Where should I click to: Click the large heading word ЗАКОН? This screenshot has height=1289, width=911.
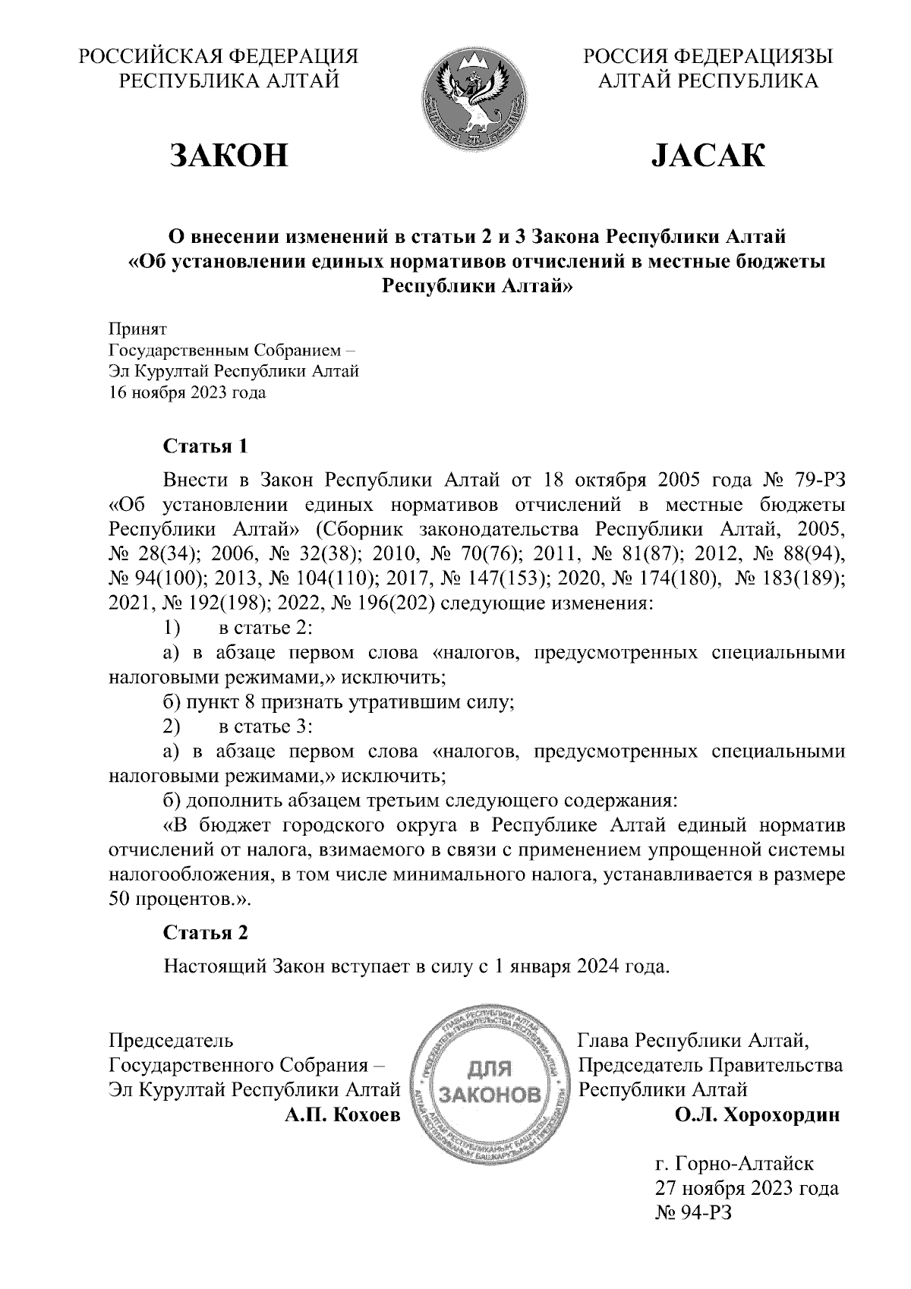pyautogui.click(x=229, y=155)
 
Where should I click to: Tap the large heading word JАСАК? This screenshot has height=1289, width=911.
pyautogui.click(x=708, y=155)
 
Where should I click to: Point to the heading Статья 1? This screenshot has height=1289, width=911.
pyautogui.click(x=206, y=446)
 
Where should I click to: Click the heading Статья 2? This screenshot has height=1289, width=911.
pyautogui.click(x=206, y=933)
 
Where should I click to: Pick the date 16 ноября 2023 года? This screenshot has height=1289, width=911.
pyautogui.click(x=188, y=393)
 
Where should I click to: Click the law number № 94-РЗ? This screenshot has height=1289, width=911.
pyautogui.click(x=692, y=1212)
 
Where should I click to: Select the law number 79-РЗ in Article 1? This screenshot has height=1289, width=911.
pyautogui.click(x=812, y=481)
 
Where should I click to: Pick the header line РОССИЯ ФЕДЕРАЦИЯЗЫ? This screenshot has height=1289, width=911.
pyautogui.click(x=708, y=57)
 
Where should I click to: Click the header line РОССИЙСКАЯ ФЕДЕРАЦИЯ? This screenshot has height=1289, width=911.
pyautogui.click(x=219, y=57)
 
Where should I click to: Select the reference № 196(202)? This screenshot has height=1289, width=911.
pyautogui.click(x=384, y=604)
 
